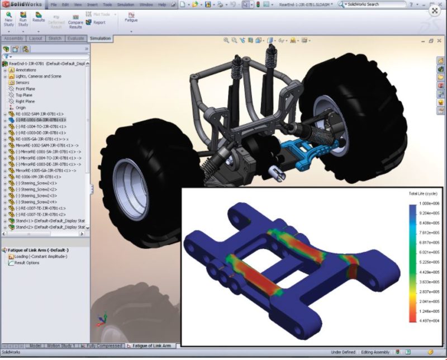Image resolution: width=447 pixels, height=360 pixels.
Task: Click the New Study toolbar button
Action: pyautogui.click(x=9, y=19)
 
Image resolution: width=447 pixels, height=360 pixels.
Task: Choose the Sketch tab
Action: pyautogui.click(x=55, y=39)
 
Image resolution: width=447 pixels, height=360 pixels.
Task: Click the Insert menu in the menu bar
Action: pyautogui.click(x=92, y=4)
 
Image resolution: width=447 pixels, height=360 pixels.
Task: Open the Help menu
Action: pyautogui.click(x=162, y=4)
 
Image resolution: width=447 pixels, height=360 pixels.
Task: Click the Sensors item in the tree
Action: pyautogui.click(x=22, y=82)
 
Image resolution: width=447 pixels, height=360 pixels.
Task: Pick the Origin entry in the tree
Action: pyautogui.click(x=21, y=108)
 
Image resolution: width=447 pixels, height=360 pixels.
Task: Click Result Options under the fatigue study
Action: pyautogui.click(x=27, y=262)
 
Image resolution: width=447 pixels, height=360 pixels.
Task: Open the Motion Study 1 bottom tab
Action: pyautogui.click(x=61, y=346)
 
